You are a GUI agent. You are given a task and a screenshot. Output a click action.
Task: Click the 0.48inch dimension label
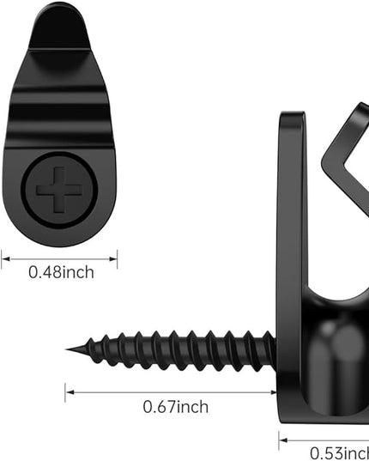click(x=62, y=272)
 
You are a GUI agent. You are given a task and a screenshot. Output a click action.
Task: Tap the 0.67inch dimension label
click(x=176, y=407)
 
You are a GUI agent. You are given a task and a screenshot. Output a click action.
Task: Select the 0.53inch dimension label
click(x=340, y=453)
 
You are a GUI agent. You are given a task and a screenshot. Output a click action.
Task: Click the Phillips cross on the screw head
click(x=59, y=191)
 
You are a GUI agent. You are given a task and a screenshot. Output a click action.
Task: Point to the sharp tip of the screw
click(x=66, y=349)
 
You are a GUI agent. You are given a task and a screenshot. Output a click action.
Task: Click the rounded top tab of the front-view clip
click(x=59, y=27)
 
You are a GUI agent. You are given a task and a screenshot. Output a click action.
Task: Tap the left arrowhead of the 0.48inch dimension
click(x=6, y=259)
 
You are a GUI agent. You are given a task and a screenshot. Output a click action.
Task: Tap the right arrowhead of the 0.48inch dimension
click(x=113, y=259)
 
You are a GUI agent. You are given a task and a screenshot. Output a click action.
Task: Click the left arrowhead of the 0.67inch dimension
click(x=70, y=392)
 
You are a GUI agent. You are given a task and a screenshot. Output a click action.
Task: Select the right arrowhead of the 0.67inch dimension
click(x=273, y=392)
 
